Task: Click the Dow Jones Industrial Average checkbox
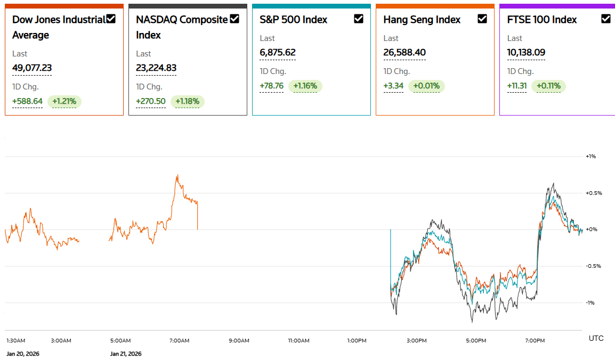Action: (111, 19)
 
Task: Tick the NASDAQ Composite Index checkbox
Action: (234, 19)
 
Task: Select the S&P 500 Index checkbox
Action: (359, 19)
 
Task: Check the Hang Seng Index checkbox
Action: (482, 19)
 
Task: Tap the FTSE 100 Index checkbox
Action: (606, 19)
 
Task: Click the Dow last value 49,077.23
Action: (32, 68)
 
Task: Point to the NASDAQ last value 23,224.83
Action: (156, 68)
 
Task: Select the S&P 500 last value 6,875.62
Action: (278, 52)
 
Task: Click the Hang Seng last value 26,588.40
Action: (404, 52)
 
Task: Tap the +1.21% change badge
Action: (64, 101)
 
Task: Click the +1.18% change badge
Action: (188, 101)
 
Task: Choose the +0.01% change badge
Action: (426, 86)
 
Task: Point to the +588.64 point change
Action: (27, 101)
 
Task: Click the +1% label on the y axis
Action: (590, 157)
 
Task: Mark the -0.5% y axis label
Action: (593, 266)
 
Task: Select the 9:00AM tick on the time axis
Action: (239, 340)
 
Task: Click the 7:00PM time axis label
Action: (535, 340)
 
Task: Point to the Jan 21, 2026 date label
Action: (126, 354)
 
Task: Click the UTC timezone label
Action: (596, 338)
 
